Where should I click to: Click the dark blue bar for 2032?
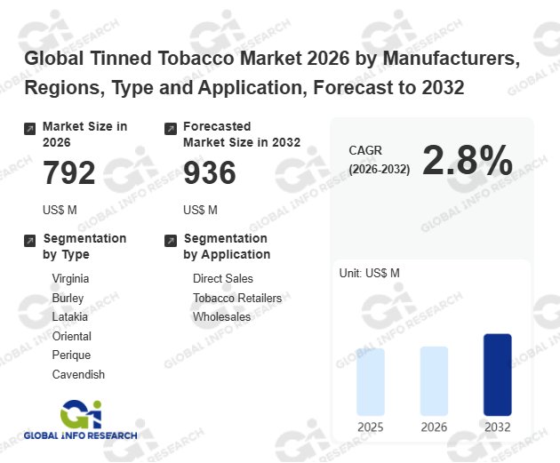tap(498, 375)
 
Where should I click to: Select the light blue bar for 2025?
tap(371, 382)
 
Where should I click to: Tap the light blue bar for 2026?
tap(434, 381)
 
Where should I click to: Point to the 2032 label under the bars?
tap(498, 427)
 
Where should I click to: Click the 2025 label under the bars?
tap(371, 427)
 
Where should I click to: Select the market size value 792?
tap(69, 172)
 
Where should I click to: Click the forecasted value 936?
tap(210, 172)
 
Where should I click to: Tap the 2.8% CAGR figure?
tap(468, 160)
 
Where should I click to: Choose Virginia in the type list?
tap(70, 278)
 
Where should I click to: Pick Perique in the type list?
tap(71, 355)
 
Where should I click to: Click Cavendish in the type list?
tap(78, 374)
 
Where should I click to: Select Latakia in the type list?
tap(69, 316)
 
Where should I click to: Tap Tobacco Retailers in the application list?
tap(237, 298)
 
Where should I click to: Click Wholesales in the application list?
tap(222, 316)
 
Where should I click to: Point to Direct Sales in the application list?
tap(223, 278)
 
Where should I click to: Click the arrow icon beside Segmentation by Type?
tap(29, 241)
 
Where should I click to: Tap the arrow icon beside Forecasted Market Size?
tap(171, 129)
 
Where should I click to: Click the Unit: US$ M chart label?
tap(369, 274)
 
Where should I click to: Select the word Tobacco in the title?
tap(196, 58)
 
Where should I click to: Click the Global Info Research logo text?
tap(80, 435)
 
